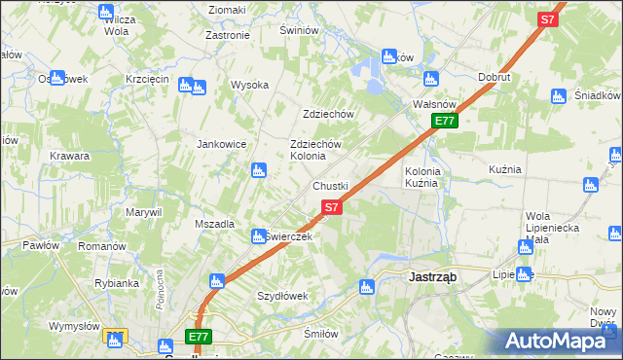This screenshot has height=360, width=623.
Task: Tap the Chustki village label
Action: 330,186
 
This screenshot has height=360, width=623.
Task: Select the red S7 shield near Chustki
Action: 331,206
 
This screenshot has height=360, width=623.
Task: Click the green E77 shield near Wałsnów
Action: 445,121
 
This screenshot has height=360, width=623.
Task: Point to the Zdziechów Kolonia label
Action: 315,150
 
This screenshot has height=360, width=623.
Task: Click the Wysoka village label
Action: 249,85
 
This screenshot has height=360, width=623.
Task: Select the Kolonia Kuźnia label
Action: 423,177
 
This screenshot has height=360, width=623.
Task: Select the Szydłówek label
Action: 282,296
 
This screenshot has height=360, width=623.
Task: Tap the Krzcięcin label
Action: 148,79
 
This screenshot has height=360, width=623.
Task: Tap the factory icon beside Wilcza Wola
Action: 106,12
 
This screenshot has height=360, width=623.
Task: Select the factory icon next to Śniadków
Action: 558,95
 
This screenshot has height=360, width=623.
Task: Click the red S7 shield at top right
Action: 548,18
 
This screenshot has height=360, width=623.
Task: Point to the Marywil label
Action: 143,211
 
